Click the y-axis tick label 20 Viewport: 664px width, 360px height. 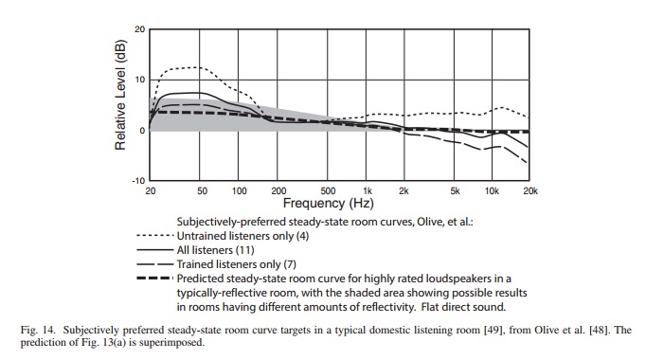tap(140, 29)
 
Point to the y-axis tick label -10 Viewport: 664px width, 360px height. tap(138, 181)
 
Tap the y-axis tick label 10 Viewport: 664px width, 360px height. tap(140, 80)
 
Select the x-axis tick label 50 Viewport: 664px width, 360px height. tap(202, 191)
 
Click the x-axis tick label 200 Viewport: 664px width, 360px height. tap(278, 191)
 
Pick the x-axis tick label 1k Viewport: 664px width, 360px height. tap(368, 191)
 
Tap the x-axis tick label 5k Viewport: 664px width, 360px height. tap(455, 191)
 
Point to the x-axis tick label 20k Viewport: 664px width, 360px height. tap(530, 191)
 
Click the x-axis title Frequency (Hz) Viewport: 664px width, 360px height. tap(328, 204)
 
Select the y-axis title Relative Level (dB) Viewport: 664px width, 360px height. tap(120, 96)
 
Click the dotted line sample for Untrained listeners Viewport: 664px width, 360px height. tap(155, 236)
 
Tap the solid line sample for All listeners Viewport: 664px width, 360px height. tap(155, 250)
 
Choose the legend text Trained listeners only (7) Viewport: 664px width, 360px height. tap(236, 264)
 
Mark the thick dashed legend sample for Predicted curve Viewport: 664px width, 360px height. tap(155, 279)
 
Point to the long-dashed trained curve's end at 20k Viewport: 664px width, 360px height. tap(528, 164)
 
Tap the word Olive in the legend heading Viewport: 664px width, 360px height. tap(429, 222)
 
